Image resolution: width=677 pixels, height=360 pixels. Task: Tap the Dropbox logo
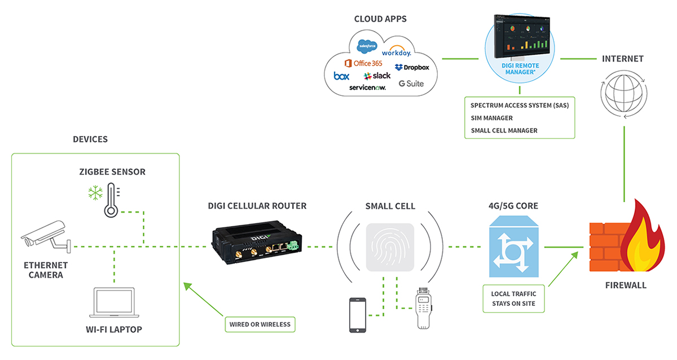tap(412, 67)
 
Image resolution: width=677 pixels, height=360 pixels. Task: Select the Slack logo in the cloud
tap(377, 76)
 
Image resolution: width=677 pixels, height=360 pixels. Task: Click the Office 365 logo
tap(364, 63)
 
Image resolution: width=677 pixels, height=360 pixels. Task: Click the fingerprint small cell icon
tap(390, 247)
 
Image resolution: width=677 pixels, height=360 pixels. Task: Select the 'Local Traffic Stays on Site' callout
tap(514, 298)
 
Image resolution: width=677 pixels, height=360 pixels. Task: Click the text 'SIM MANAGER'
tap(491, 118)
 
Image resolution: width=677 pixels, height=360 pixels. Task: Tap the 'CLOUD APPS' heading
tap(380, 19)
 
